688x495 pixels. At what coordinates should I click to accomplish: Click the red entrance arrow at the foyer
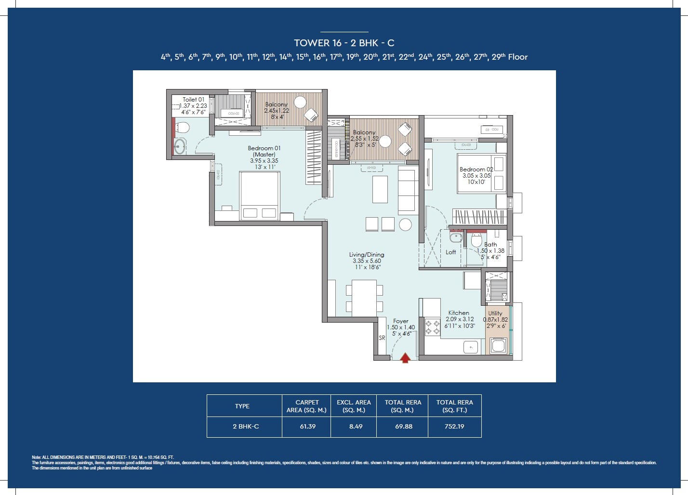(x=405, y=358)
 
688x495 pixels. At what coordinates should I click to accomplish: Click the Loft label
(x=450, y=252)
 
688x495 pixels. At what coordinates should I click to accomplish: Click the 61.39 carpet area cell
(x=307, y=427)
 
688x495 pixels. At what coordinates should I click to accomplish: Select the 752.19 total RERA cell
(x=454, y=427)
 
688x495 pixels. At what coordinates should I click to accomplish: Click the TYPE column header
(x=242, y=406)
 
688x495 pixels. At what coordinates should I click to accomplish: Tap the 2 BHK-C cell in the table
(x=246, y=427)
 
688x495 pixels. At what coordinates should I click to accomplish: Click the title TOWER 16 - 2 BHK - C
(x=344, y=43)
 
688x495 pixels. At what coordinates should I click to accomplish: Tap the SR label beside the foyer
(x=382, y=338)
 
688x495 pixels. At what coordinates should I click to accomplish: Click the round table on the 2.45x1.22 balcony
(x=300, y=102)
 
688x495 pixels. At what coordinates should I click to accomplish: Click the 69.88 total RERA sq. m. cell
(x=404, y=427)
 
